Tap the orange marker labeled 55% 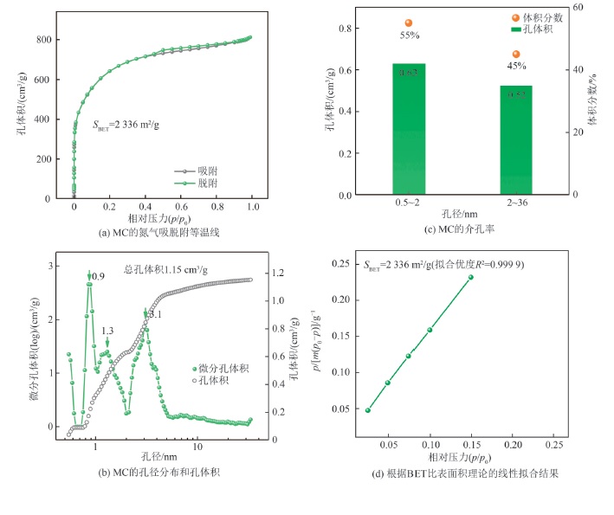409,23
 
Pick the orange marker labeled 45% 516,55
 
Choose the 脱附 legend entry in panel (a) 202,184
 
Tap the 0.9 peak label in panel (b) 99,277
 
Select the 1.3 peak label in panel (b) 107,332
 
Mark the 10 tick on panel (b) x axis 197,447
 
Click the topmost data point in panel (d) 471,277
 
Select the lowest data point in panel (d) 368,410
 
